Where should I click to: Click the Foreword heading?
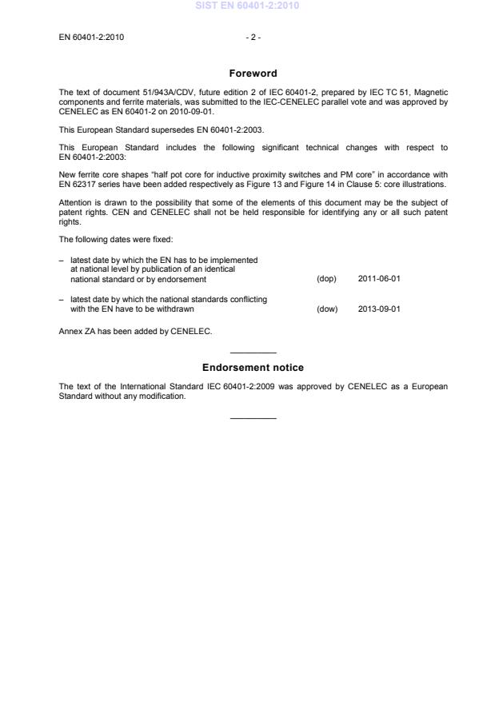tap(253, 74)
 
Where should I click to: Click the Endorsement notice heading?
tap(253, 368)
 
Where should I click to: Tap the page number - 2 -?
tap(253, 37)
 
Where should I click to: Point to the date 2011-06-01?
tap(379, 279)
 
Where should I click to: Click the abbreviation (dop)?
tap(326, 279)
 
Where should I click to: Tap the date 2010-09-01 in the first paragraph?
tap(170, 111)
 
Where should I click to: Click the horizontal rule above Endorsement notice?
tap(253, 352)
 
